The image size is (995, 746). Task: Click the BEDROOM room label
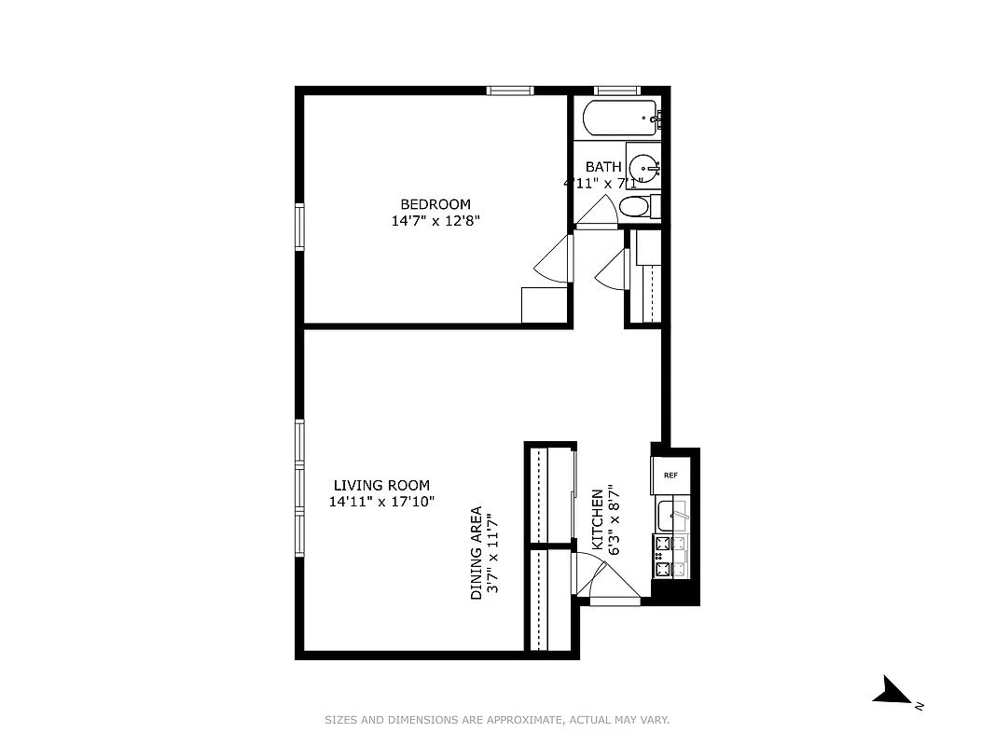(435, 204)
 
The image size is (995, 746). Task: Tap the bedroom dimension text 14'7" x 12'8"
(435, 221)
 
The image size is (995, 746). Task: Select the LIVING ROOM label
(381, 485)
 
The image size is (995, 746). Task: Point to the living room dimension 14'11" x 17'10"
(381, 502)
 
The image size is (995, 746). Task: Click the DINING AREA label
(476, 553)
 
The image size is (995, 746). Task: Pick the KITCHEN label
(598, 521)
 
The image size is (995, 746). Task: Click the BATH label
(603, 167)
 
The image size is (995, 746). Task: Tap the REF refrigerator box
(670, 475)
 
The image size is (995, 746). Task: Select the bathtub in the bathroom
(619, 118)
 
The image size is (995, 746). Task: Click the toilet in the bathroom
(635, 206)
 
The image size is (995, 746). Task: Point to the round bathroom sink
(643, 165)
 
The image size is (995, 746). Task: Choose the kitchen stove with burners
(671, 556)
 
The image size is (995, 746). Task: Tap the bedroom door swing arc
(552, 259)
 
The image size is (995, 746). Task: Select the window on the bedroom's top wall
(510, 90)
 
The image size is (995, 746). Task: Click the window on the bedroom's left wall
(299, 227)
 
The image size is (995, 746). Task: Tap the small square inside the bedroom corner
(544, 305)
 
